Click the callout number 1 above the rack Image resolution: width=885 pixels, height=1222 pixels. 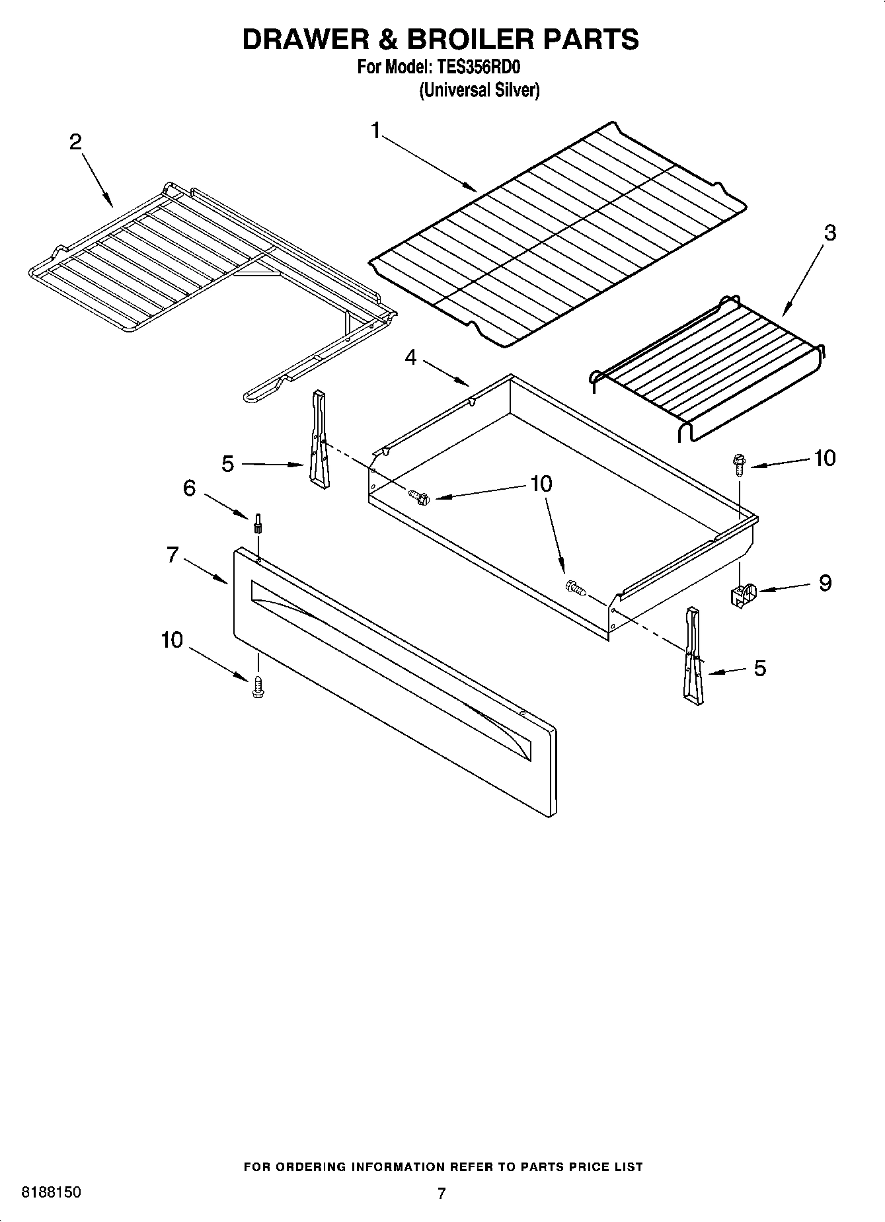click(x=375, y=132)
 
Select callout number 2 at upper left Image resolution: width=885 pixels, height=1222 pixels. click(x=76, y=141)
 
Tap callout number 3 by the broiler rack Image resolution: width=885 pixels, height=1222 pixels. click(x=829, y=233)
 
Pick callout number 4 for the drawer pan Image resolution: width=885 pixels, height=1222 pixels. click(x=411, y=358)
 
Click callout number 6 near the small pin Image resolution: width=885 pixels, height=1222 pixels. click(x=189, y=488)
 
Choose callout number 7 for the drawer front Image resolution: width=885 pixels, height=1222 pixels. click(x=173, y=554)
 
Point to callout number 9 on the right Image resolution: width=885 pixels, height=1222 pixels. click(x=825, y=583)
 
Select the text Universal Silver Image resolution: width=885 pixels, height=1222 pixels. click(x=479, y=91)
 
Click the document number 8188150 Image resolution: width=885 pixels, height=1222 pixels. click(x=52, y=1192)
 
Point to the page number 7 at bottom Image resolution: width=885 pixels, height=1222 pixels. click(x=442, y=1193)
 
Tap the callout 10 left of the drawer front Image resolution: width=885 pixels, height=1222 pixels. click(x=172, y=640)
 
